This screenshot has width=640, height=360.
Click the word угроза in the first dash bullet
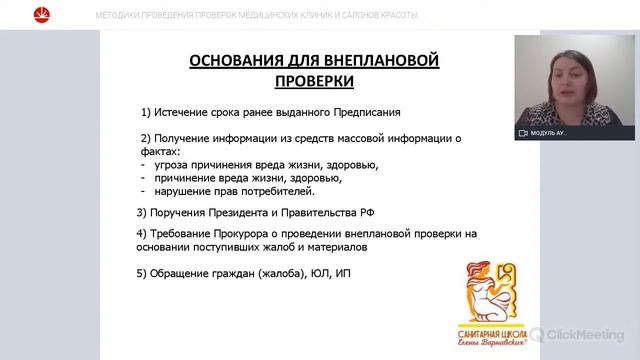pyautogui.click(x=172, y=165)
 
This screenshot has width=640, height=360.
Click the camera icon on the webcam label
pyautogui.click(x=523, y=132)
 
